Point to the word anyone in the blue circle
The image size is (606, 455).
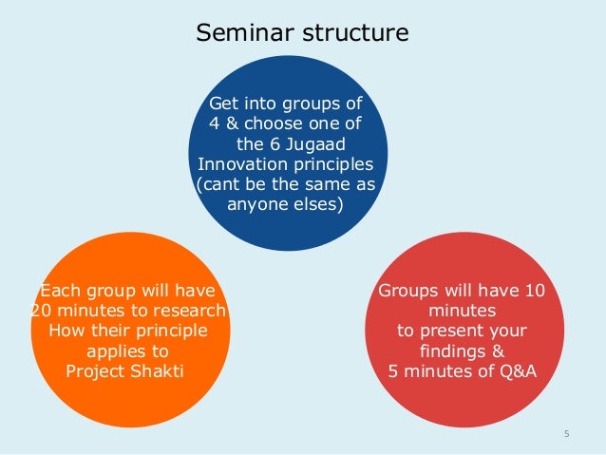tap(259, 203)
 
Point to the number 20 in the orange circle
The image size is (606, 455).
tap(40, 311)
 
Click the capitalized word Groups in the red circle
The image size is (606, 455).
tap(409, 291)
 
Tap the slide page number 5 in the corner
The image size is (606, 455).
tap(566, 435)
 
